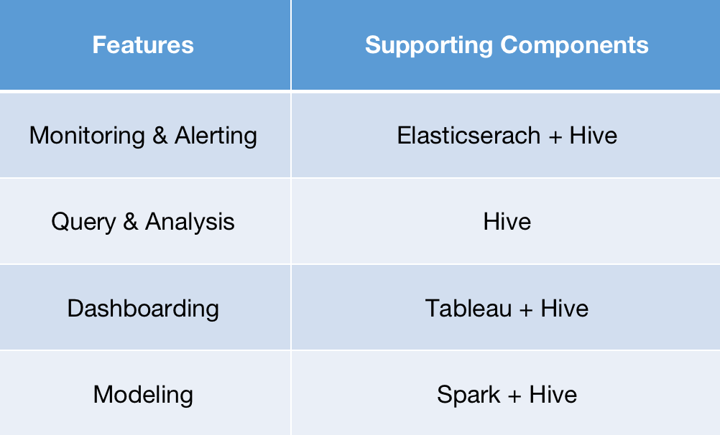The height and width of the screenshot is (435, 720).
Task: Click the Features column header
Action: click(x=143, y=45)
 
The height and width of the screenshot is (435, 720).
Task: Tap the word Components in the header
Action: click(x=574, y=45)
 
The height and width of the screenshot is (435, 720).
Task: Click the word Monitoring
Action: click(x=87, y=136)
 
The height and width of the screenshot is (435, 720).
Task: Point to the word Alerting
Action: click(x=216, y=136)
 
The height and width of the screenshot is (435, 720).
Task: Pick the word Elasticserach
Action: click(x=468, y=136)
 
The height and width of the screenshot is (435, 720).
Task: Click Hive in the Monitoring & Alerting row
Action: click(x=594, y=136)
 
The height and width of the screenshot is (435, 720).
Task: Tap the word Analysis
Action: click(x=190, y=222)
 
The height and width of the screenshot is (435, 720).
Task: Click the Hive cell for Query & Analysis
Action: click(x=507, y=222)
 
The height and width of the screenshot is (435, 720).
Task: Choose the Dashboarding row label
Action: click(x=143, y=309)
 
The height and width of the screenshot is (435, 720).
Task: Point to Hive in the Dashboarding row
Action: click(x=565, y=309)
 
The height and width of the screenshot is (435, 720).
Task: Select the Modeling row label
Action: click(x=143, y=395)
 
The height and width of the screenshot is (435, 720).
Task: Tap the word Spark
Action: click(x=469, y=395)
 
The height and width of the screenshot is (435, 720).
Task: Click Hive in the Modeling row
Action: click(x=553, y=395)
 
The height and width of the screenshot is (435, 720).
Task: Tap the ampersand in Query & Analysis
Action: click(x=131, y=222)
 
